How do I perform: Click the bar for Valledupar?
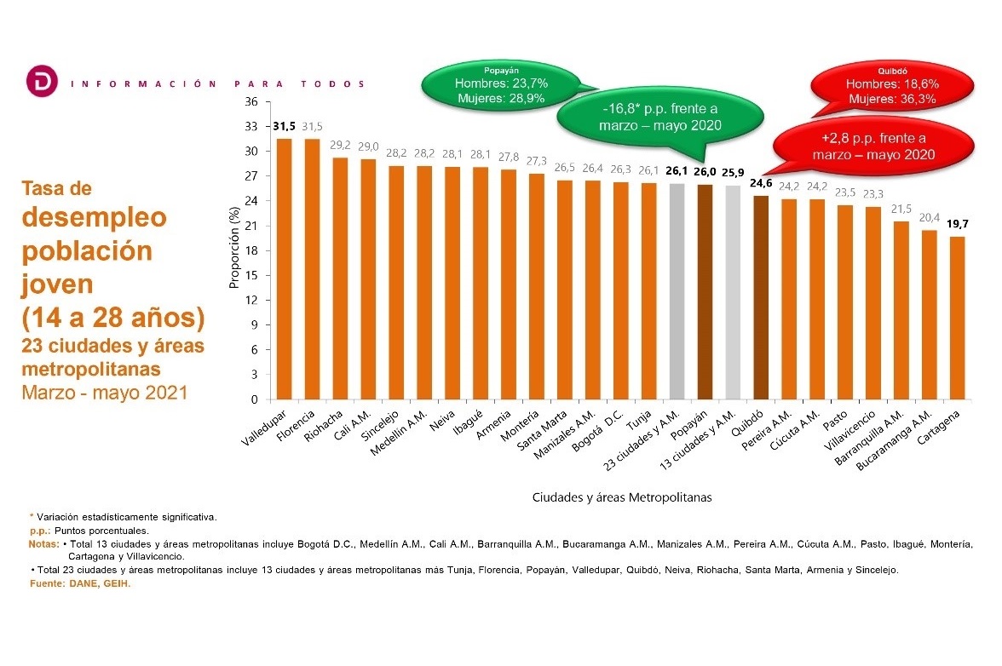(284, 269)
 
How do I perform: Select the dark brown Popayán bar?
(705, 292)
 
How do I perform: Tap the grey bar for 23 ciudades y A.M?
(677, 292)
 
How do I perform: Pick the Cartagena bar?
(958, 318)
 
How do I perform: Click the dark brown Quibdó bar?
(761, 297)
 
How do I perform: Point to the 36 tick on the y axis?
(252, 101)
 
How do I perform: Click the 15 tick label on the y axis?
(252, 275)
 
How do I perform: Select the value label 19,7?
(958, 224)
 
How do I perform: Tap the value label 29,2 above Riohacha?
(340, 145)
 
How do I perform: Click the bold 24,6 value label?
(761, 183)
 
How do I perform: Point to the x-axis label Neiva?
(442, 422)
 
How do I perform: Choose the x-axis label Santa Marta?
(542, 431)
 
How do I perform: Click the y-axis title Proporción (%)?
(233, 247)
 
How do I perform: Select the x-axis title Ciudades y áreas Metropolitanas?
(622, 497)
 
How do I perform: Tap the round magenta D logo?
(43, 81)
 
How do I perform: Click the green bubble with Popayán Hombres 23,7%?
(501, 85)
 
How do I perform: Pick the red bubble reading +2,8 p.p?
(873, 146)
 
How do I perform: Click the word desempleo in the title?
(94, 217)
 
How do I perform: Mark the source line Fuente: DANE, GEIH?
(80, 583)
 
